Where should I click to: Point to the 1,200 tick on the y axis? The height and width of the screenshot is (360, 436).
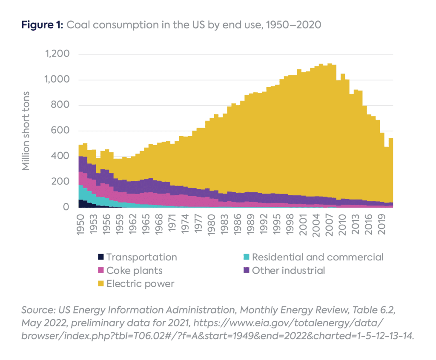tap(57, 54)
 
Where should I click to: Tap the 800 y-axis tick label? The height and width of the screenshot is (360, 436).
tap(61, 106)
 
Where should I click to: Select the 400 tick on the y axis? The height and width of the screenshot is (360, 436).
tap(61, 157)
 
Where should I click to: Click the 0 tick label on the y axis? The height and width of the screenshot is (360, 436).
tap(66, 207)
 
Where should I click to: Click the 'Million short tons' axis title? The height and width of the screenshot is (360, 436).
tap(26, 130)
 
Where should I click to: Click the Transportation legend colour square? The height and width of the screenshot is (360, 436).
tap(101, 257)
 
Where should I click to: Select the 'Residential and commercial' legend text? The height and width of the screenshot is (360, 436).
tap(318, 257)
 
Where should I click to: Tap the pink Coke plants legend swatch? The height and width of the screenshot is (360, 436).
tap(101, 270)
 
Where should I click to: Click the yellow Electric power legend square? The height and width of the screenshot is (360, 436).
tap(101, 283)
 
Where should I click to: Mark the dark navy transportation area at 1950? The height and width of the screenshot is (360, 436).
tap(80, 203)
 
